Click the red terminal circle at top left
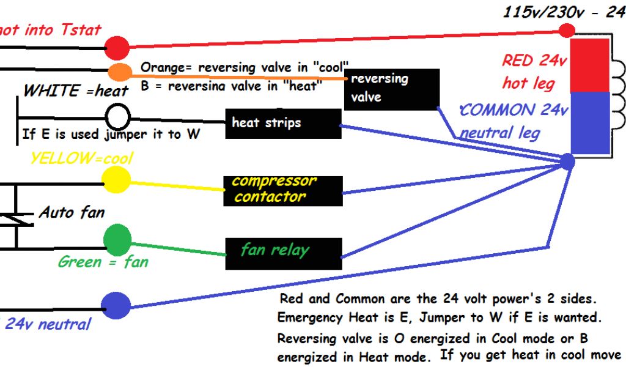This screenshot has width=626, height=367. click(x=117, y=47)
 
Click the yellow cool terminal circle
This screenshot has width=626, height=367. click(x=116, y=179)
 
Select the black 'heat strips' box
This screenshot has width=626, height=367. click(x=282, y=124)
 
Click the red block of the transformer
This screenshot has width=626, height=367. click(x=590, y=65)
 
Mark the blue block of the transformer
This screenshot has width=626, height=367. click(x=590, y=121)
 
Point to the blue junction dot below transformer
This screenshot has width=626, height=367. click(x=567, y=161)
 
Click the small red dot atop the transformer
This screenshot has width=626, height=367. click(x=568, y=29)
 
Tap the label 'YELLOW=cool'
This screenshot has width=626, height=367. click(x=81, y=158)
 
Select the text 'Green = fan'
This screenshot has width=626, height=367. click(x=103, y=262)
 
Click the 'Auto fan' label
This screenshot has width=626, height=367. click(x=72, y=212)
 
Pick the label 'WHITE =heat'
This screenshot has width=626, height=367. click(x=76, y=91)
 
